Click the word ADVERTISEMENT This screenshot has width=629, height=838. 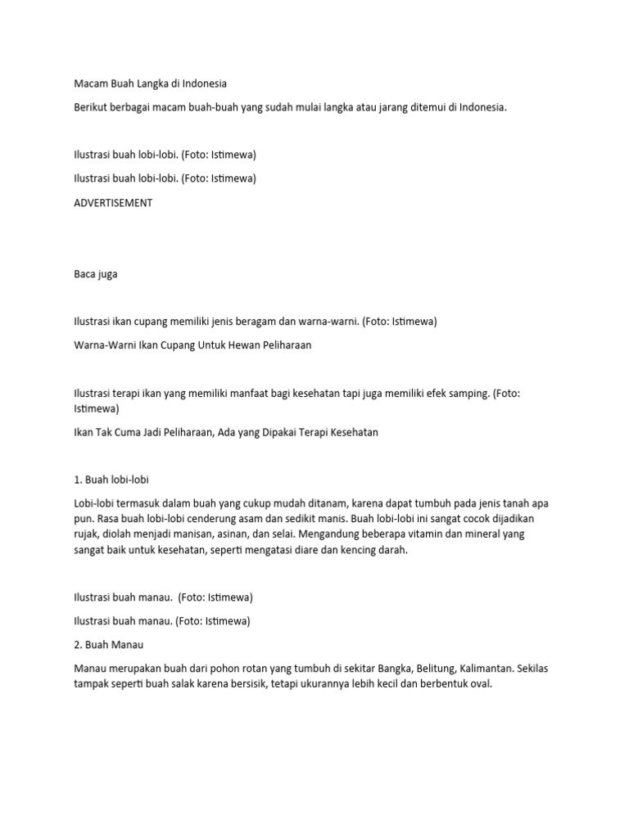(113, 203)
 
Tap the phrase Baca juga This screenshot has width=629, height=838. (96, 274)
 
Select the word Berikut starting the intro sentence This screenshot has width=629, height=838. (92, 107)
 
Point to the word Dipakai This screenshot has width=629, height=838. (280, 432)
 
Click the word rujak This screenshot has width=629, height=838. (87, 535)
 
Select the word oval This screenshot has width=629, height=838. (479, 684)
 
